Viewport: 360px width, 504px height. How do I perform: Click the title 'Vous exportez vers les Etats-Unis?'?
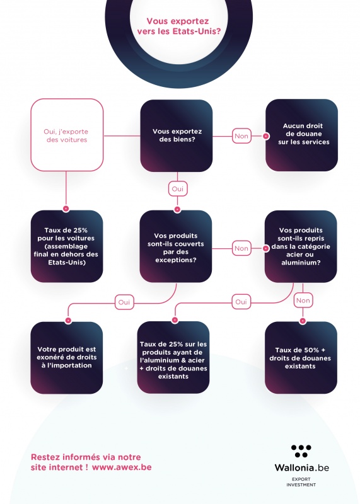[179, 26]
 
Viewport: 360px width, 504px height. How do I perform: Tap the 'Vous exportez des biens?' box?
[177, 135]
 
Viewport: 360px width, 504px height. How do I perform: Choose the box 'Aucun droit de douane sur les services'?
[302, 135]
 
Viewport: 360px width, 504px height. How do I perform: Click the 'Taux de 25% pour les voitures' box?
[67, 246]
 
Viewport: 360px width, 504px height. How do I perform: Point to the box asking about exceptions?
[176, 246]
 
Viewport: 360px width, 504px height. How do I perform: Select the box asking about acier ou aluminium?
[301, 246]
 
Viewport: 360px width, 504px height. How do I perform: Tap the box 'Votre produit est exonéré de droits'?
[67, 357]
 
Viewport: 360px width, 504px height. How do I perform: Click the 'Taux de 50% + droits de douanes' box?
[301, 357]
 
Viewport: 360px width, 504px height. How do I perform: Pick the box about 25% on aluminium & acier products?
[173, 357]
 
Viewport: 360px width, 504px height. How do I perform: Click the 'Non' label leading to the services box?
[241, 136]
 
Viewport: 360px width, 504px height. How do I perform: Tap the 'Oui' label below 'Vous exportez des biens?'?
[178, 189]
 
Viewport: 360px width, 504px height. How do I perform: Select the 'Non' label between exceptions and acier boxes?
[241, 248]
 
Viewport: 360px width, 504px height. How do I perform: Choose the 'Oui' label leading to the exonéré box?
[124, 302]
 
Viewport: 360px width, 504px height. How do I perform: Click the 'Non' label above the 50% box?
[303, 301]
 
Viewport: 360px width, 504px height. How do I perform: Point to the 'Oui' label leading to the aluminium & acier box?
[241, 302]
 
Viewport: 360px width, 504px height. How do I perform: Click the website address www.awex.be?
[122, 467]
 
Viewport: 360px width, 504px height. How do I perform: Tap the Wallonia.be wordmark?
[302, 467]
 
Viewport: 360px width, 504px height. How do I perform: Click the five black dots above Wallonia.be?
[301, 451]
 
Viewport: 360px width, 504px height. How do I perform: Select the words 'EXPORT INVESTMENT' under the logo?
[301, 482]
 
